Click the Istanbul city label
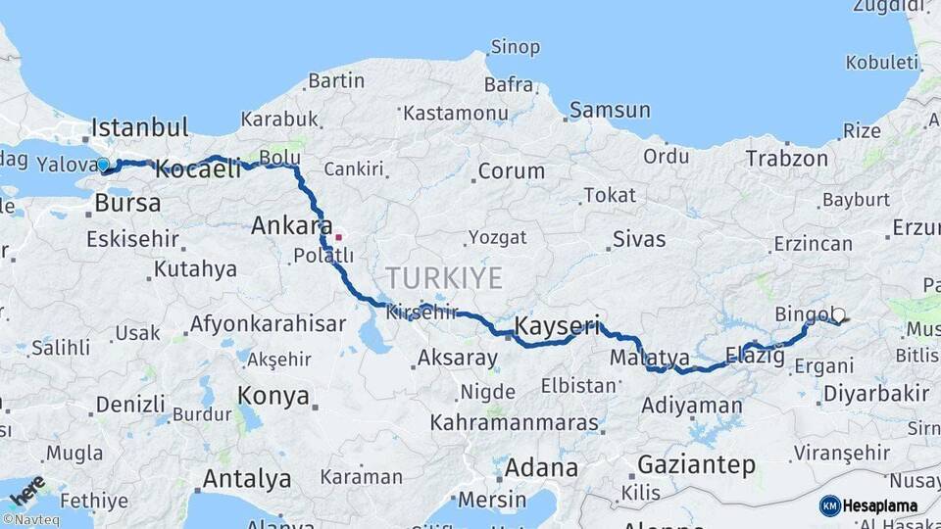pos(139,127)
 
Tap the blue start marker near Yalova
pos(103,165)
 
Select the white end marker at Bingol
pos(838,315)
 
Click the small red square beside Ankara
pos(339,236)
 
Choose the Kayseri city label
pos(556,326)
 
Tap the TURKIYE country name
pos(444,277)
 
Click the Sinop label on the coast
pos(515,47)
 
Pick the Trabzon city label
pos(786,158)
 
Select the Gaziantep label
pos(696,463)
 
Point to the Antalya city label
pos(246,479)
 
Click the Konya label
pos(274,397)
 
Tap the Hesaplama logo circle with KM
pos(830,505)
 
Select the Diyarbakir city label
pos(875,394)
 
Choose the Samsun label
pos(610,110)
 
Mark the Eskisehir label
pos(132,239)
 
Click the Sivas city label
pos(639,239)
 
